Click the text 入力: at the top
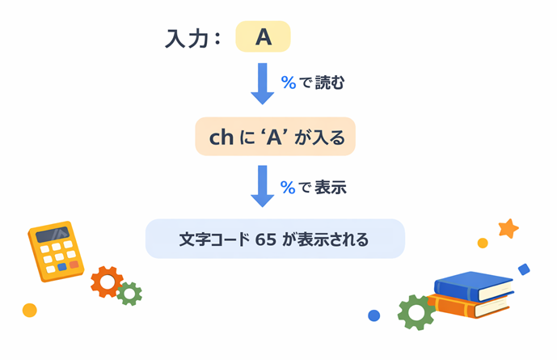coord(192,39)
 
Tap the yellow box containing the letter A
coord(262,37)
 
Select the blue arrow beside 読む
coord(263,83)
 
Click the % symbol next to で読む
coord(288,83)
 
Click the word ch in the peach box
coord(221,138)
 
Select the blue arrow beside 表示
coord(263,187)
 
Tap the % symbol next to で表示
coord(288,187)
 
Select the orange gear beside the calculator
coord(107,282)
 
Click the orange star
coord(508,229)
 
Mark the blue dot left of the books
coord(373,316)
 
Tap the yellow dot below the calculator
coord(30,310)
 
